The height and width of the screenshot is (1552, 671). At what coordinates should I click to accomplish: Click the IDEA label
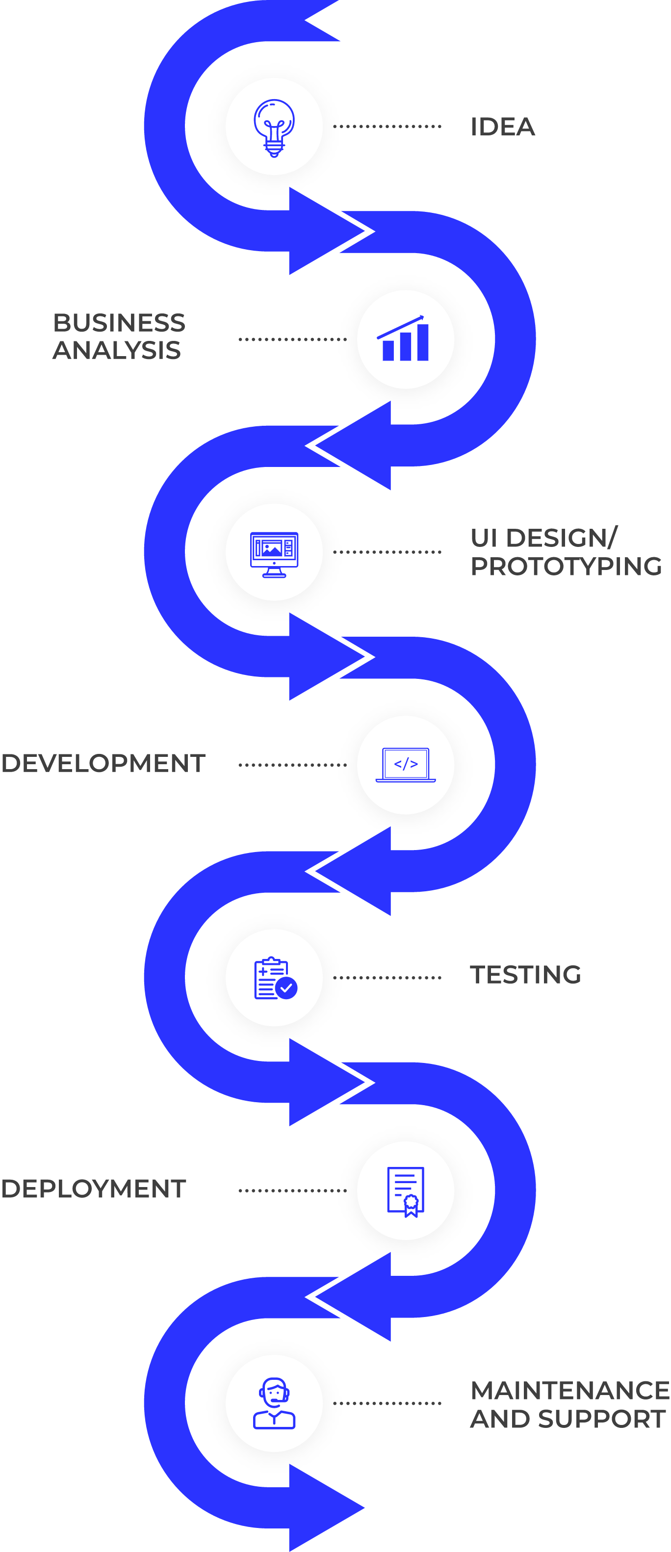[502, 127]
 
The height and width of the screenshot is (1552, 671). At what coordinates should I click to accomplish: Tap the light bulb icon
[274, 127]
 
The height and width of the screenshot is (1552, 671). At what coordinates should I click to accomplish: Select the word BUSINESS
[119, 323]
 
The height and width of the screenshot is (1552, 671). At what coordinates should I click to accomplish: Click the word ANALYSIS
[116, 351]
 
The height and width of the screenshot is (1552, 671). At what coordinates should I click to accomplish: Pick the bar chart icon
[405, 339]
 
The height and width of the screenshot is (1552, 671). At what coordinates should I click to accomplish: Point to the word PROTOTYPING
[566, 567]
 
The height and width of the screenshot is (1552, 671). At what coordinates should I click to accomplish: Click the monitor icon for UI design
[274, 554]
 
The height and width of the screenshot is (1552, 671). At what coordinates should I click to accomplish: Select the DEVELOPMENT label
[103, 763]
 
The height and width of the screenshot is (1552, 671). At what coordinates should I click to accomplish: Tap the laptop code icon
[405, 765]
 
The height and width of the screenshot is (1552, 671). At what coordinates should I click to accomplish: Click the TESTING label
[525, 975]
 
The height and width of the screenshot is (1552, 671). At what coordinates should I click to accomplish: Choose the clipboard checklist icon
[274, 978]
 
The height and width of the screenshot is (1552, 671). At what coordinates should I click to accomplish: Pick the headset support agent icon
[274, 1403]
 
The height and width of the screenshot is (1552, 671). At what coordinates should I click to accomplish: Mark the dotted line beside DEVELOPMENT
[293, 765]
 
